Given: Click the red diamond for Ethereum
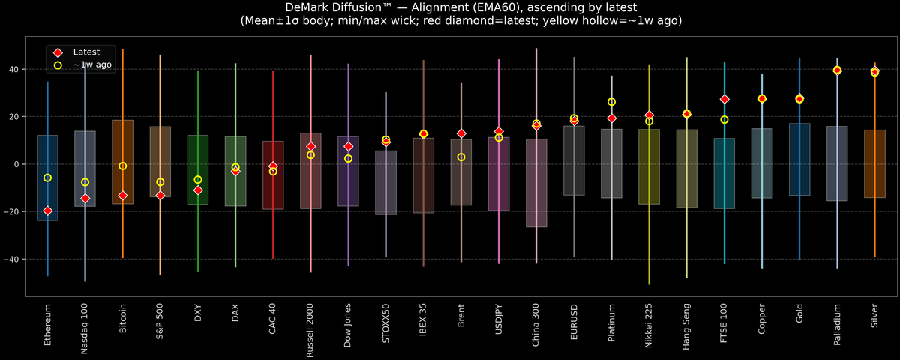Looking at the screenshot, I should (x=48, y=211).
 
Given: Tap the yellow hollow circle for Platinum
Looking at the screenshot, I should (x=611, y=102).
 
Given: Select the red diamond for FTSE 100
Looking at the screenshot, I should (x=724, y=99).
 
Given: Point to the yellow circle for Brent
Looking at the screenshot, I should (x=461, y=157).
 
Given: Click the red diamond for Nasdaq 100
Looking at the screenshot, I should (x=85, y=199).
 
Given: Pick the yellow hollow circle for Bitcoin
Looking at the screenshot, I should (x=123, y=166).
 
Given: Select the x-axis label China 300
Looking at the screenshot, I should (x=536, y=325).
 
